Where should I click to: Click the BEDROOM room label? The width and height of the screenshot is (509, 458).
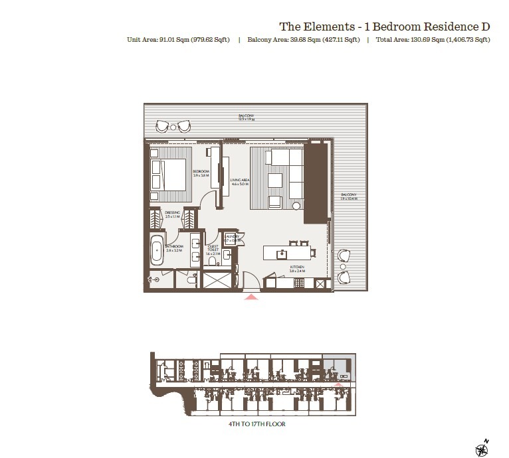(201, 173)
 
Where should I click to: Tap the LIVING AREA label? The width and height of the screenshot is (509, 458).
(239, 182)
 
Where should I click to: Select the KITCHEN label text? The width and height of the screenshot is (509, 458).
(296, 269)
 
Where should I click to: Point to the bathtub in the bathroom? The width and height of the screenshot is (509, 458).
(156, 252)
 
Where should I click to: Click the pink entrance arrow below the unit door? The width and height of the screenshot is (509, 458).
(251, 297)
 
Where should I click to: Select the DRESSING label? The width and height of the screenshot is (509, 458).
(173, 215)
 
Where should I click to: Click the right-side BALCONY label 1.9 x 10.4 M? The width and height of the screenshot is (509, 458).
(349, 198)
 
